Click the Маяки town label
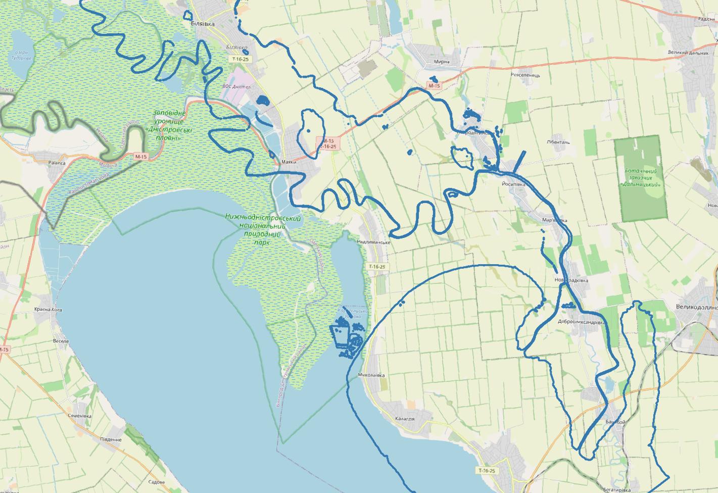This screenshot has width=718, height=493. [289, 163]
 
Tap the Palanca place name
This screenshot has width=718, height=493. [57, 163]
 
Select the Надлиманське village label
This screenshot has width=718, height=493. [373, 242]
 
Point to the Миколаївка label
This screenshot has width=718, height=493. [371, 375]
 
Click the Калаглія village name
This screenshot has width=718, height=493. [405, 419]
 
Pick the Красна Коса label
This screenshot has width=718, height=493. [48, 309]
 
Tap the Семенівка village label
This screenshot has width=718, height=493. [79, 416]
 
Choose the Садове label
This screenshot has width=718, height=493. [157, 482]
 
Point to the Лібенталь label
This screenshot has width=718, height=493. [558, 142]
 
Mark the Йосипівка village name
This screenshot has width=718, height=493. [514, 184]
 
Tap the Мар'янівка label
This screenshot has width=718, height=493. [554, 220]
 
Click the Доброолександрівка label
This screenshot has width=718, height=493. [582, 322]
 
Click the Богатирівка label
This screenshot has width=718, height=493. [617, 490]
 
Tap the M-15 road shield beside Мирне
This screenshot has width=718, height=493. [434, 86]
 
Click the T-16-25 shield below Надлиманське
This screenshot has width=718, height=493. [376, 266]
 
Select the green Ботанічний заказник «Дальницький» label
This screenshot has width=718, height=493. [642, 177]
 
